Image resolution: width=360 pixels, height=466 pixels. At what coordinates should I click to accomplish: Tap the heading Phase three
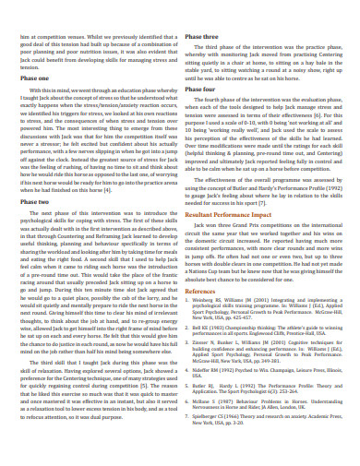point(202,36)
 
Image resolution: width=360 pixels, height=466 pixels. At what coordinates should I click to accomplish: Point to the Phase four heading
point(201,113)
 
